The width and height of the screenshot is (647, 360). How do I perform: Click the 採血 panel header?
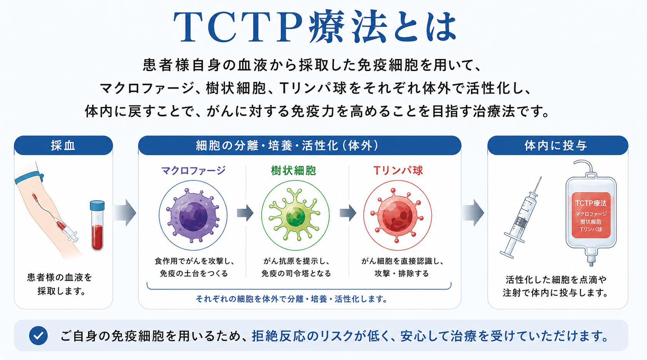point(63,145)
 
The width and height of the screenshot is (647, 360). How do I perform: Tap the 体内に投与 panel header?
point(558,145)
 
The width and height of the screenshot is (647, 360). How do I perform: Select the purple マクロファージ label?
point(193,170)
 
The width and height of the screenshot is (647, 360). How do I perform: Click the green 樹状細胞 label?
point(293,171)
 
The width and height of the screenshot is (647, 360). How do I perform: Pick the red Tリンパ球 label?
point(398,170)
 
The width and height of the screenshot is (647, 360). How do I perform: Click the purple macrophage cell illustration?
point(193,216)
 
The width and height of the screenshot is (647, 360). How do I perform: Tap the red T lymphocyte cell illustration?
point(398,216)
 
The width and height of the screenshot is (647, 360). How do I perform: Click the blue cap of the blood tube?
point(97,206)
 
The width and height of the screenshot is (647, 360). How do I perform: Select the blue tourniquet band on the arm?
point(29,177)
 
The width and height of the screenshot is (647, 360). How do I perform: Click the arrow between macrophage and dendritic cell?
point(245,213)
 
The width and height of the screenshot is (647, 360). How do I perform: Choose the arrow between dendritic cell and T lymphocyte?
point(348,213)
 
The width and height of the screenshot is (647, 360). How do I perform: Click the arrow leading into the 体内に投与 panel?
point(473,213)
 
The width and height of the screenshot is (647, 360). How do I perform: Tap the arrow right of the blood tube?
point(125,213)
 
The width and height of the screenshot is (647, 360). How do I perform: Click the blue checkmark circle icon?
point(38,336)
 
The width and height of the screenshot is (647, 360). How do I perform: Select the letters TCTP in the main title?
point(238,27)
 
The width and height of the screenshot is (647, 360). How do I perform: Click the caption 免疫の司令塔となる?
point(296,273)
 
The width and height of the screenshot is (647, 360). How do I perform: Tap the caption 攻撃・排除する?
point(401,273)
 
